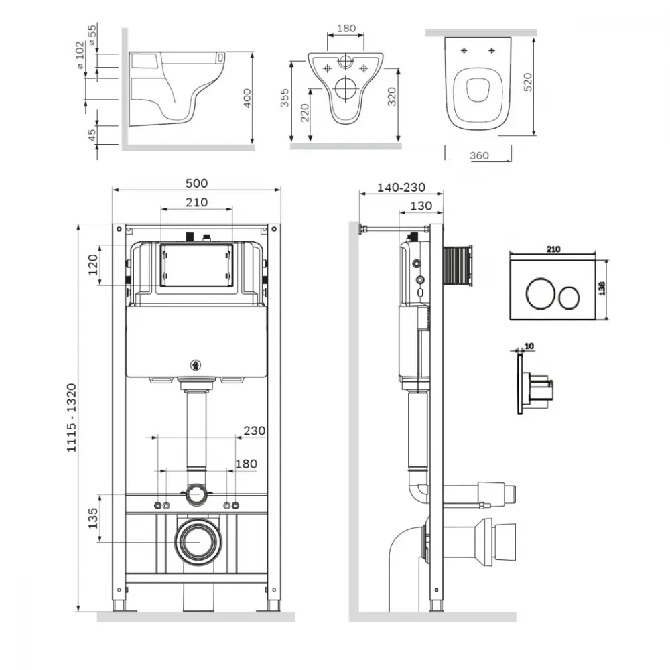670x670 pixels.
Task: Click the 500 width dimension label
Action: coord(196,184)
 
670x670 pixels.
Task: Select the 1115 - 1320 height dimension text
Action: coord(72,417)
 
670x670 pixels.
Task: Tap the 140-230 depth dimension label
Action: coord(401,187)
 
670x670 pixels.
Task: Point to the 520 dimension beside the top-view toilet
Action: coord(528,82)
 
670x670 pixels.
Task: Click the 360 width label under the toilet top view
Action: coord(479,156)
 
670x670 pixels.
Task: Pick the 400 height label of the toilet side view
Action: coord(247,98)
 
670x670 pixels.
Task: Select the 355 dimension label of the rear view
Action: coord(285,98)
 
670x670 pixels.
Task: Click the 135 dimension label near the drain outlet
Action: coord(92,518)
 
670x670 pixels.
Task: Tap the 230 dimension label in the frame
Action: coord(254,431)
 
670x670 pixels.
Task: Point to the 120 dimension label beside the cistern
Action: coord(92,265)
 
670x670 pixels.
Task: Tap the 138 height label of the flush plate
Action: coord(602,288)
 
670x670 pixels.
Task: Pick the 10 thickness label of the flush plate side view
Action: coord(529,346)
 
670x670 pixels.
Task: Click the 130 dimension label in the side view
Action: coord(421,206)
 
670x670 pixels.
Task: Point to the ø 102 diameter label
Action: coord(80,55)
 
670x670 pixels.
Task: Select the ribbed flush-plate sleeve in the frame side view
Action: coord(457,266)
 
